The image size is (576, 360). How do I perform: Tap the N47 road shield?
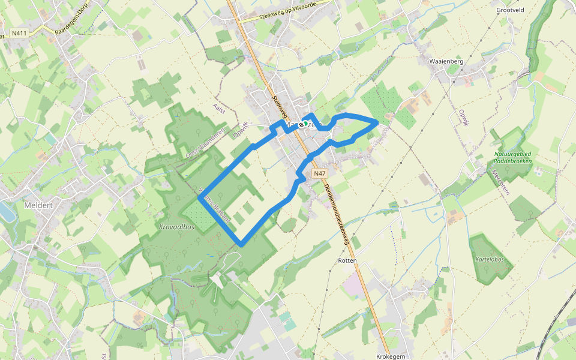pyautogui.click(x=320, y=173)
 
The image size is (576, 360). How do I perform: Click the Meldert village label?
pyautogui.click(x=38, y=205)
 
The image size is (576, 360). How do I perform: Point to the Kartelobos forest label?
pyautogui.click(x=489, y=260)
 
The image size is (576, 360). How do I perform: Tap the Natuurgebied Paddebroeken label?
pyautogui.click(x=513, y=157)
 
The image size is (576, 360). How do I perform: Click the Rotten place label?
pyautogui.click(x=347, y=260)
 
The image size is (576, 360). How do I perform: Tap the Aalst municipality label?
pyautogui.click(x=218, y=107)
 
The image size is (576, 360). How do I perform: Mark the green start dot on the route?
pyautogui.click(x=305, y=124)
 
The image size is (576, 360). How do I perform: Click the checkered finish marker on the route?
pyautogui.click(x=300, y=125)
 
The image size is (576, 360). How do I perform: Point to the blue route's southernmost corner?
pyautogui.click(x=241, y=244)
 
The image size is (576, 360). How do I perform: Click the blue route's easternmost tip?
pyautogui.click(x=377, y=122)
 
